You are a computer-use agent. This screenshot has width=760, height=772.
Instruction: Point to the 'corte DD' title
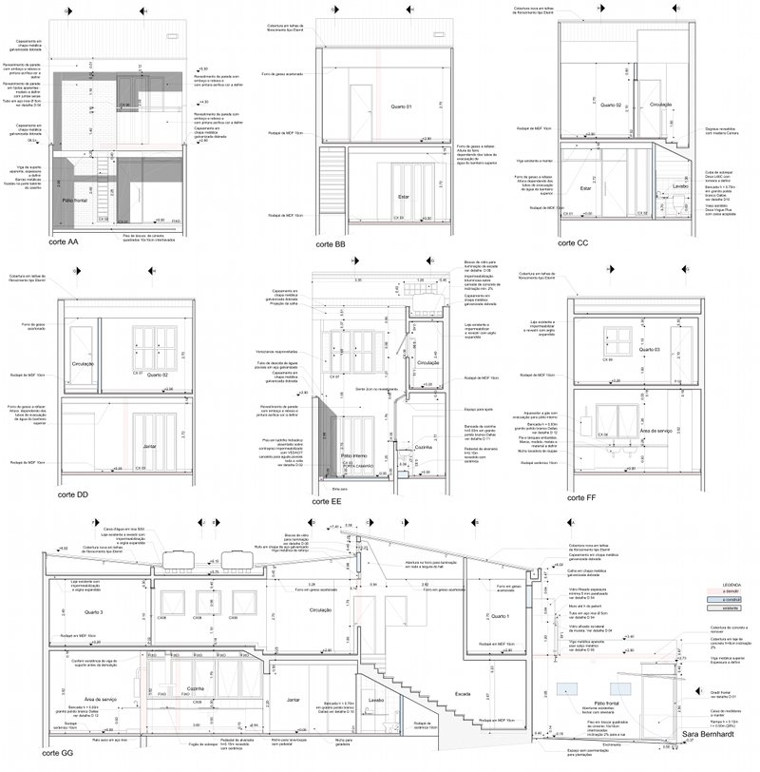pyautogui.click(x=73, y=495)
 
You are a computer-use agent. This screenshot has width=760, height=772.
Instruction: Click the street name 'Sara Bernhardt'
pyautogui.click(x=712, y=734)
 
